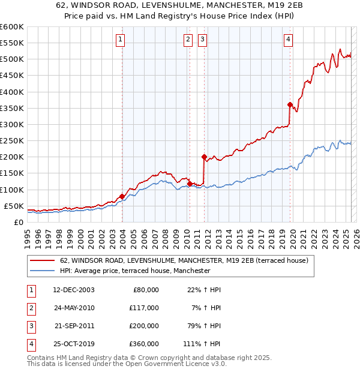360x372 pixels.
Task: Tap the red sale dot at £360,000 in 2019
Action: [x=290, y=104]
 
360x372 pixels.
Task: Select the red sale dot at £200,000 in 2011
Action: [x=204, y=157]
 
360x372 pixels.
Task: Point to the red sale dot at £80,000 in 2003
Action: [x=122, y=196]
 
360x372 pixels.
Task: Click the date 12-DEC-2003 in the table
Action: [x=74, y=290]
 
